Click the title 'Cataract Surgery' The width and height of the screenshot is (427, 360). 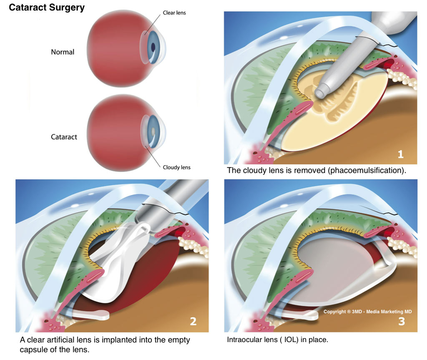coord(47,8)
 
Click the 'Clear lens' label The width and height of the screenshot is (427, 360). coord(174,13)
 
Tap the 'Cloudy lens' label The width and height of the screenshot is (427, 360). coord(176,167)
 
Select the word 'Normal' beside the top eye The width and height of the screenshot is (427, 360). coord(63,52)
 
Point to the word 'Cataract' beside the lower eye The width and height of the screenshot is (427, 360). coord(64,137)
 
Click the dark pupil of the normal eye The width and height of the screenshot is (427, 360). coord(154,47)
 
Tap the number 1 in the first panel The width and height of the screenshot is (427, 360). coord(400,154)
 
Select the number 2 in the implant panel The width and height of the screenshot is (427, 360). coord(193,322)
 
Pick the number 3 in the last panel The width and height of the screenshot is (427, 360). coord(401,322)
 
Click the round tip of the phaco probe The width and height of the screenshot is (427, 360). coord(321,91)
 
